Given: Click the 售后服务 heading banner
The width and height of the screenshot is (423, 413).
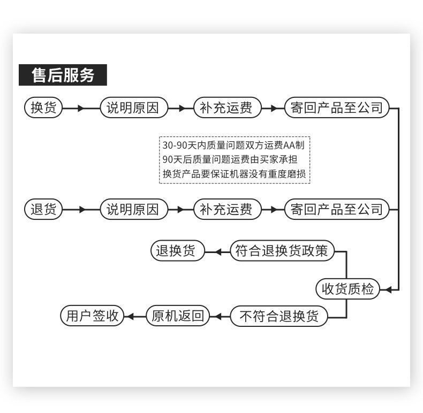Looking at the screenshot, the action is tap(63, 75).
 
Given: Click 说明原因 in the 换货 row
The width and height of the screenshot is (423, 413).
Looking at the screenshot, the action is tap(133, 108).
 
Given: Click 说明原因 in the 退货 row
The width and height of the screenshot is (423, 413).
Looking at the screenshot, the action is tap(133, 209).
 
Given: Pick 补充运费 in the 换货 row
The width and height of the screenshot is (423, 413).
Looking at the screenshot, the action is tap(226, 108).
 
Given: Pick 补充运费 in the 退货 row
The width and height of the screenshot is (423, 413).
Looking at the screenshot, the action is tap(226, 209).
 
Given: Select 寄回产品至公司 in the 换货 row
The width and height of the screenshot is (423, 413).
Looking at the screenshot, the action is tap(337, 108).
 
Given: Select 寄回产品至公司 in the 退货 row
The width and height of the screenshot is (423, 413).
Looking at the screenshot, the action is tap(337, 209).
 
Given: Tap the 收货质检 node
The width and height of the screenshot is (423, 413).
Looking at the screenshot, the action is tap(347, 289).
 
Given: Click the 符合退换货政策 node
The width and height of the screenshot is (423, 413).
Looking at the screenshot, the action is tap(282, 251).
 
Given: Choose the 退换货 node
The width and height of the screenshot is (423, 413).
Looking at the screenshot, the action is tap(177, 251).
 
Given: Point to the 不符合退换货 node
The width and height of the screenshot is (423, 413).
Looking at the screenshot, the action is tap(279, 316).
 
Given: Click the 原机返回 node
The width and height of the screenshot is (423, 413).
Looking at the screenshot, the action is tap(178, 316).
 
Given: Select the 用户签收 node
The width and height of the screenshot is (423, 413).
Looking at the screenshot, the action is tap(92, 316).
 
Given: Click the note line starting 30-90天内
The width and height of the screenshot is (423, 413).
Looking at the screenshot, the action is tap(236, 145).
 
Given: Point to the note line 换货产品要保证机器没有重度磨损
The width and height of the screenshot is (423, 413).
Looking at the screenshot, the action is tap(236, 174).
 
